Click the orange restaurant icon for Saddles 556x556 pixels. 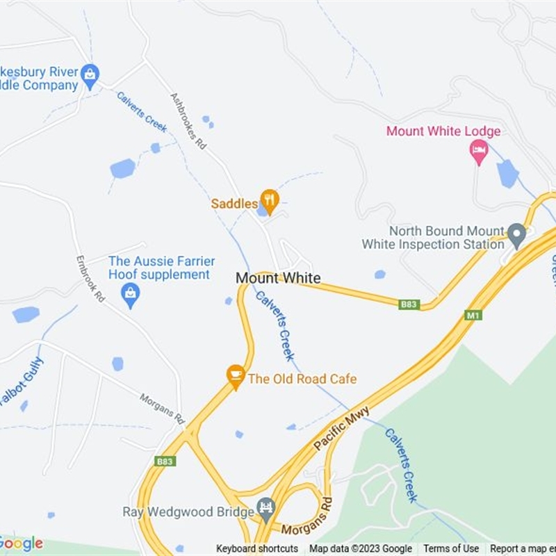269,201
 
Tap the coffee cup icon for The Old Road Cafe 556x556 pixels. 236,376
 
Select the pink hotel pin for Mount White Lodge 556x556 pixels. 479,151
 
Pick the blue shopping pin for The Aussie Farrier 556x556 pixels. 130,295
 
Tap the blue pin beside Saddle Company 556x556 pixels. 90,75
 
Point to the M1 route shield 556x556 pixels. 473,315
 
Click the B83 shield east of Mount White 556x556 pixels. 410,304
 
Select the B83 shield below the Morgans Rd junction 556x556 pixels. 166,461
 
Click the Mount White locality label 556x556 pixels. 278,278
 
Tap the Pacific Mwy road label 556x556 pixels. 340,430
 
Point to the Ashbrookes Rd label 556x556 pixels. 189,121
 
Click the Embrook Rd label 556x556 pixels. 90,278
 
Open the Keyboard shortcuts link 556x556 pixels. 257,549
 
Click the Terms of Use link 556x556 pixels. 451,549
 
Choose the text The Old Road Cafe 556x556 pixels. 302,379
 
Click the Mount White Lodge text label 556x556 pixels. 443,131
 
